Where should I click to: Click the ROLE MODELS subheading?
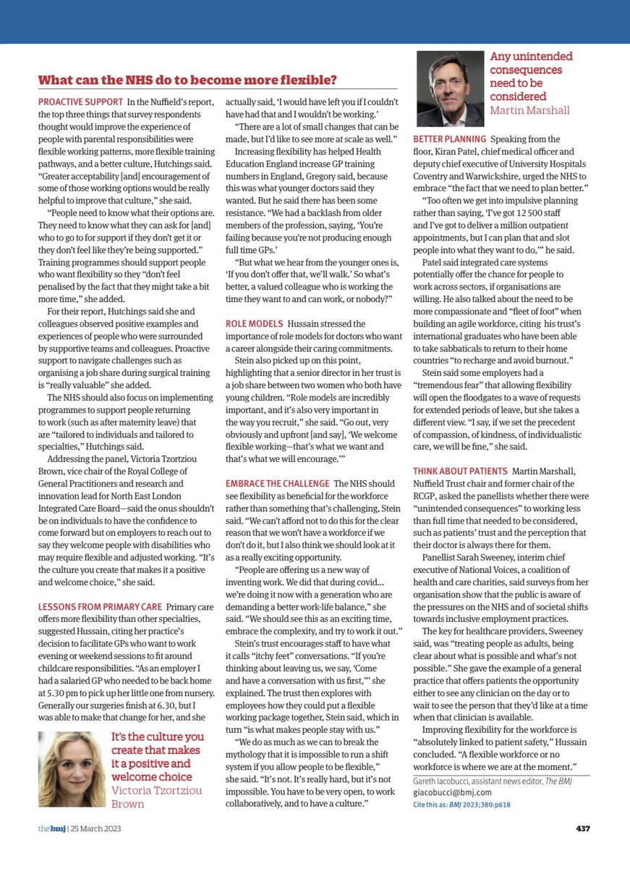click(257, 324)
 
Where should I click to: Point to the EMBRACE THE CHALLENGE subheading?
click(278, 483)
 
